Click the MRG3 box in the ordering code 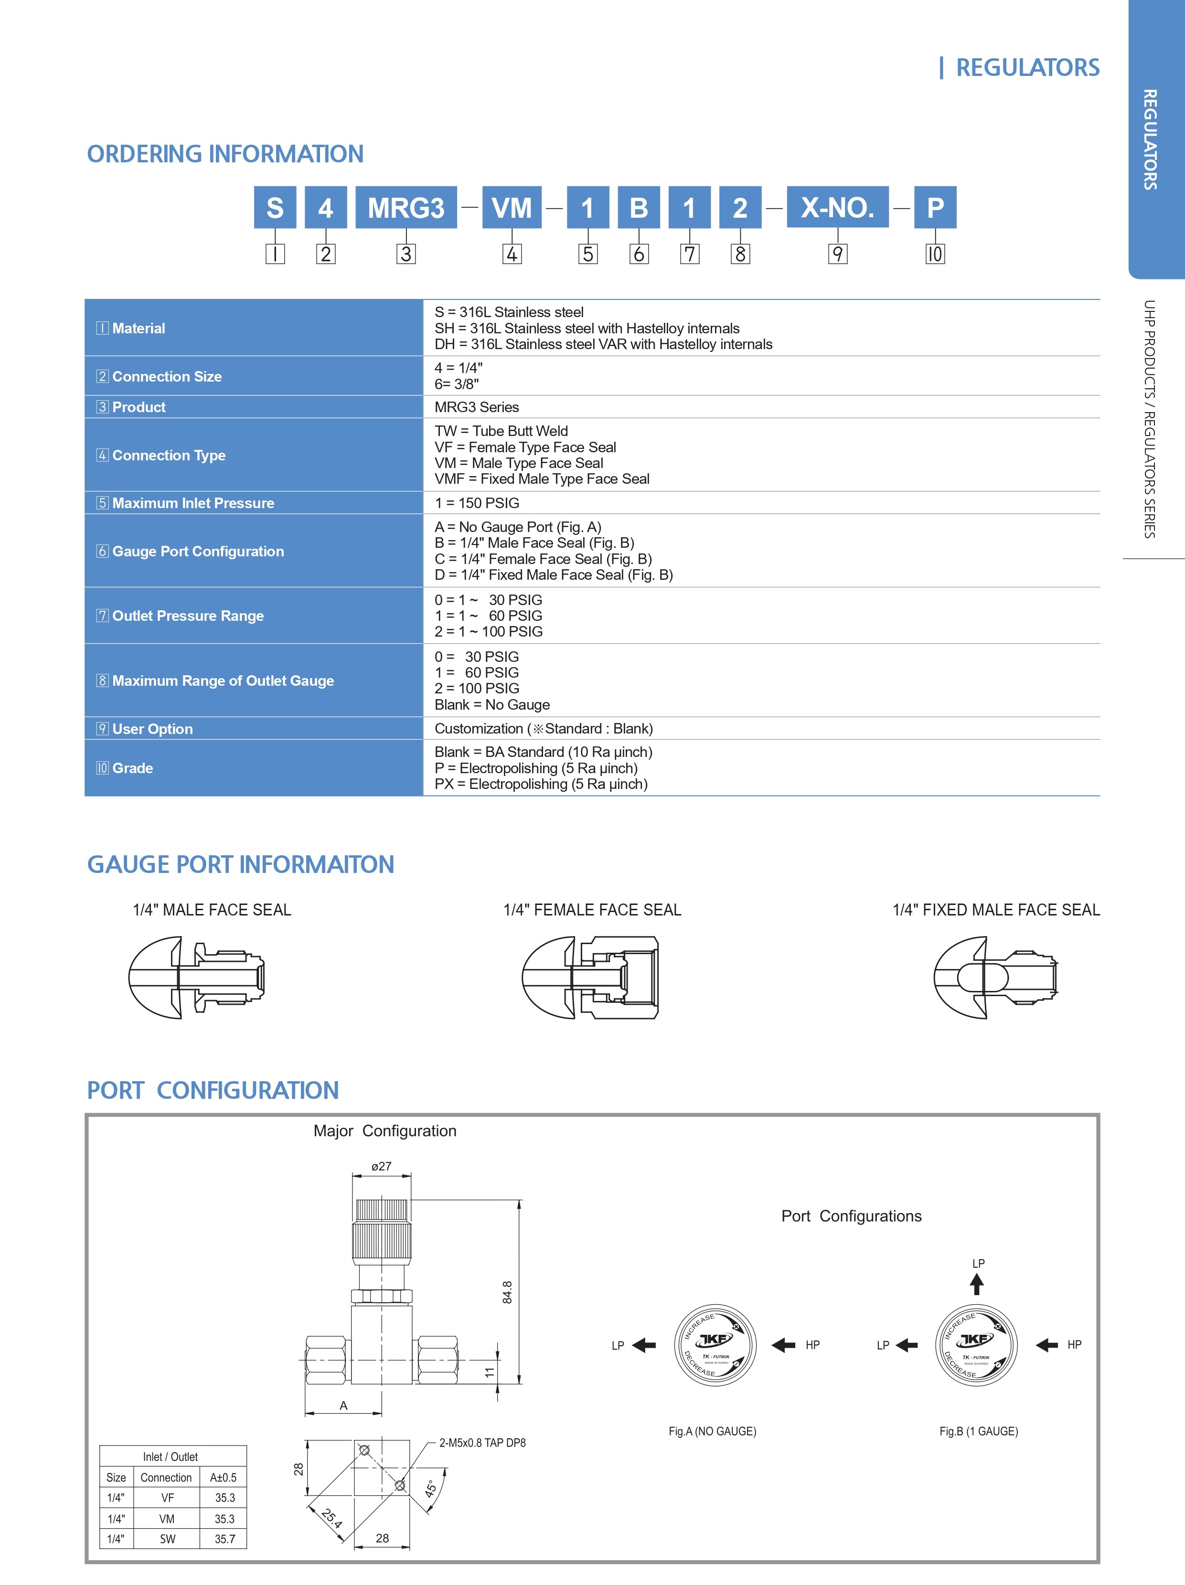[x=406, y=208]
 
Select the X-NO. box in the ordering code [x=838, y=208]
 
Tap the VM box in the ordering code [x=512, y=208]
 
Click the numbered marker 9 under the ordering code [x=838, y=254]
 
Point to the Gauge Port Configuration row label [x=191, y=551]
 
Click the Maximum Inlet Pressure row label [x=185, y=503]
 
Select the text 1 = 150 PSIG [x=477, y=503]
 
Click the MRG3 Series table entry [x=477, y=407]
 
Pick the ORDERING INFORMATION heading [x=225, y=154]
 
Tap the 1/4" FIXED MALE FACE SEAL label [x=996, y=910]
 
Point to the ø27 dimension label [x=381, y=1167]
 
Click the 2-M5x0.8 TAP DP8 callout [x=482, y=1442]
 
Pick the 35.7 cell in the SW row [x=225, y=1538]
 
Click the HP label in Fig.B [x=1074, y=1345]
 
